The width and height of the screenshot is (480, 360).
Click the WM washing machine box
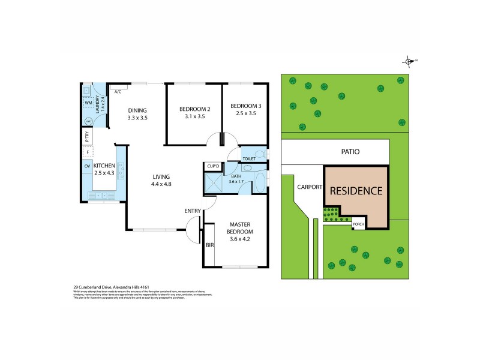(88, 103)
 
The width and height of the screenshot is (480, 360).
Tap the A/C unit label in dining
(118, 92)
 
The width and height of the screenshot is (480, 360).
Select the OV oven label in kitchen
(87, 166)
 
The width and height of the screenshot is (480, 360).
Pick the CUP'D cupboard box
(212, 166)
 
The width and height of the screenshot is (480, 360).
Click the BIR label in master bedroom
(210, 245)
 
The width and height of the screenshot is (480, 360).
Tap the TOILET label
(248, 159)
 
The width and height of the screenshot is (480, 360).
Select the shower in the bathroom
(214, 184)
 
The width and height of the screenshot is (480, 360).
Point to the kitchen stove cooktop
(121, 173)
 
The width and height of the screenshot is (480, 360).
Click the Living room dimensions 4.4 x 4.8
(161, 184)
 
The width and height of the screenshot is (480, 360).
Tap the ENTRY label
(193, 211)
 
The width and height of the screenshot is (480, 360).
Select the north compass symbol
(409, 61)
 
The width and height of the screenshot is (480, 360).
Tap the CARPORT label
(309, 187)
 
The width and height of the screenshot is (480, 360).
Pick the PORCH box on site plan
(358, 224)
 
